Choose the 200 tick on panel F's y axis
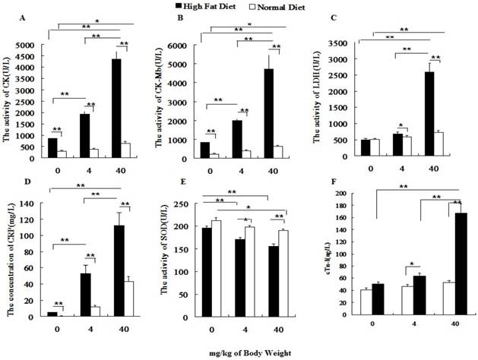point(350,193)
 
